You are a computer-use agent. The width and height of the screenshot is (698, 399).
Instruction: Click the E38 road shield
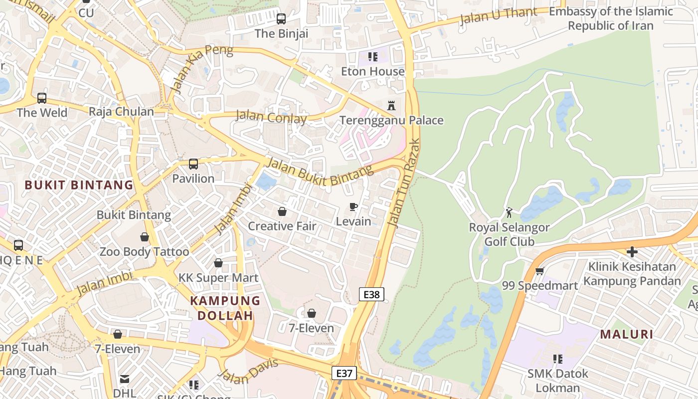[371, 294]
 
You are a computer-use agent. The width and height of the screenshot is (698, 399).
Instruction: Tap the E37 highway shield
[345, 373]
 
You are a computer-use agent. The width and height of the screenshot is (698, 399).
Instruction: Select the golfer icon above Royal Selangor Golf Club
[509, 213]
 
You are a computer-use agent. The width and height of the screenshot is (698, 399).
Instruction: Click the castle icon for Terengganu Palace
[391, 106]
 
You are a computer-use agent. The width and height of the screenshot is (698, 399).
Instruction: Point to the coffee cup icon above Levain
[353, 206]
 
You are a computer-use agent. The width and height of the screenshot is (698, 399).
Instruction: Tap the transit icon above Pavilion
[193, 164]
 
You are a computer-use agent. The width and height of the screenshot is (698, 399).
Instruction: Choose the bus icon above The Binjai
[281, 19]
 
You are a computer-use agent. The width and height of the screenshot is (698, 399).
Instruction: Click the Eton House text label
[372, 71]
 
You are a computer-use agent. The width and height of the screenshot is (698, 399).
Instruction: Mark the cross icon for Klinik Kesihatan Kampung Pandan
[632, 252]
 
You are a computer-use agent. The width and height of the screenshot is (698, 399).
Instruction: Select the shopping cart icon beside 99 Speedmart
[539, 271]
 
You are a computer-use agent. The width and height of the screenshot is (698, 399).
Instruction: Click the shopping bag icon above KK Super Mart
[218, 263]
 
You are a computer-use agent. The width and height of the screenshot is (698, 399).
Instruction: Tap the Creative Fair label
[282, 226]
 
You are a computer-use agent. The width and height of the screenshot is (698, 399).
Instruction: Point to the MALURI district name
[626, 334]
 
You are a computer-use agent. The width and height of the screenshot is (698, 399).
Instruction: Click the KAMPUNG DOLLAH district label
[225, 308]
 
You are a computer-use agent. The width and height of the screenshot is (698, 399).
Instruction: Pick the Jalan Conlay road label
[271, 118]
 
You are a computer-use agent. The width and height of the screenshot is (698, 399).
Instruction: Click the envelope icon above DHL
[125, 379]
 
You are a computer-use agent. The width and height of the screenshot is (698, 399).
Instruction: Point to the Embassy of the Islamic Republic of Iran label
[611, 18]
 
